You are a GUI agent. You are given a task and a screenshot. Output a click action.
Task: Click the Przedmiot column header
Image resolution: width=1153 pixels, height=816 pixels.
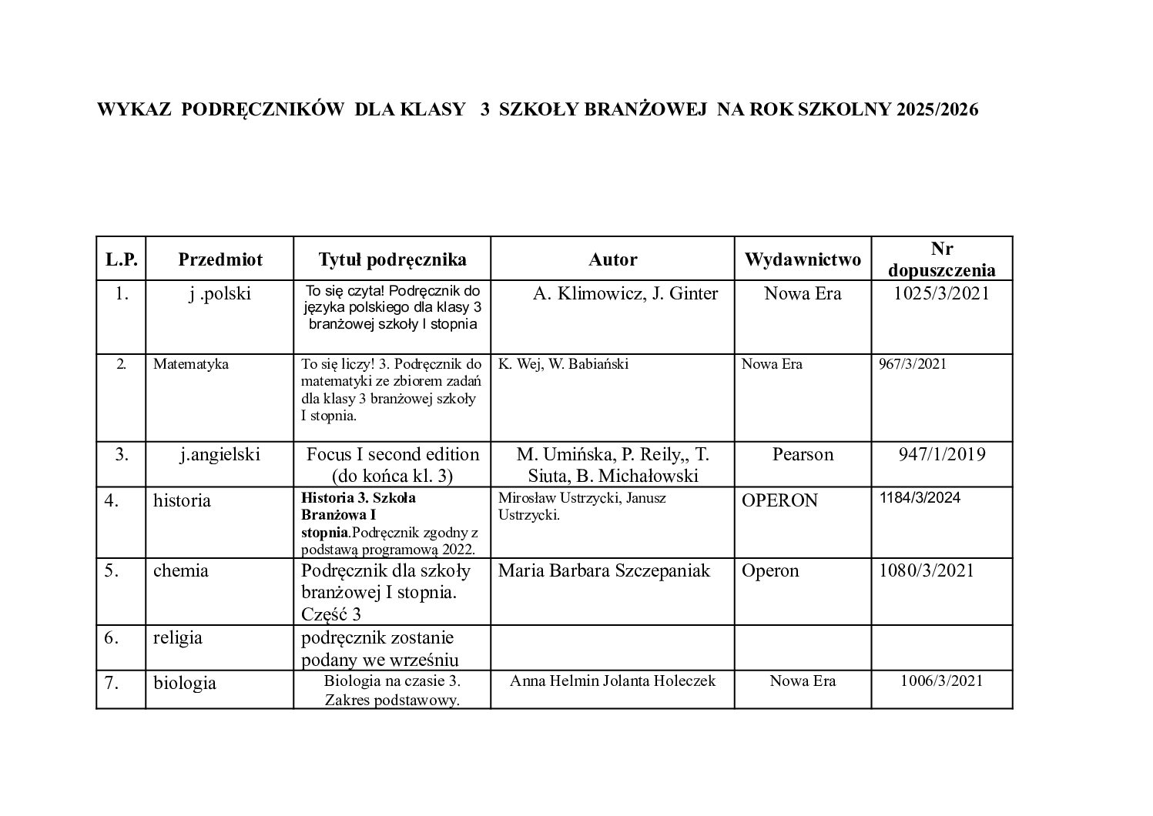click(x=220, y=259)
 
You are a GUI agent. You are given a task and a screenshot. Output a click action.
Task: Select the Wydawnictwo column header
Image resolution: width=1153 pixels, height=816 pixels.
click(x=802, y=259)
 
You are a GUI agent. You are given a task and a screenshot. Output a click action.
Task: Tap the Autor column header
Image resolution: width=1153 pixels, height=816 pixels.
click(x=612, y=259)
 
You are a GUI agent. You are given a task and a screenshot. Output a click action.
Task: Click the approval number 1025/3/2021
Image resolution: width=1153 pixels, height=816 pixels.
click(x=941, y=293)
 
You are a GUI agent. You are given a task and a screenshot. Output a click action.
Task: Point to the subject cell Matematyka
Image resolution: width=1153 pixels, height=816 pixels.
click(x=191, y=364)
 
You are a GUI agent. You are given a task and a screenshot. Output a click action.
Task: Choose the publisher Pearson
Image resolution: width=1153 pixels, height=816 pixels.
click(x=803, y=454)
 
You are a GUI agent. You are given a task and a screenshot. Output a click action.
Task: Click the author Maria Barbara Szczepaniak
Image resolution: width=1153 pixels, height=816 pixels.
click(x=604, y=570)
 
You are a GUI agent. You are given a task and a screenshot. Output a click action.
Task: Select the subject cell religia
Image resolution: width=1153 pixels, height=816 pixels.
click(x=178, y=637)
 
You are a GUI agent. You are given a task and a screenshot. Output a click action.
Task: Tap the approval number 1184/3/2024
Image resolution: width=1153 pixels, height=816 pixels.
click(x=920, y=497)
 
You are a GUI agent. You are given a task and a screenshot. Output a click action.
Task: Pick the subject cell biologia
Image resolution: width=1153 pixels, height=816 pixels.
click(x=185, y=683)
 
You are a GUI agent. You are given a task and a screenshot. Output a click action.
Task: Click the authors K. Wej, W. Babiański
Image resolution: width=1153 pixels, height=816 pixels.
click(x=563, y=364)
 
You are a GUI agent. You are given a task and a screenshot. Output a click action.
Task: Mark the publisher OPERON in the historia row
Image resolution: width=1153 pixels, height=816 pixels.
click(x=779, y=500)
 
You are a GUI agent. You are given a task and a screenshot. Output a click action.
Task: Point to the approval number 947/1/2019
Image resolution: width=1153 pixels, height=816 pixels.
click(x=941, y=454)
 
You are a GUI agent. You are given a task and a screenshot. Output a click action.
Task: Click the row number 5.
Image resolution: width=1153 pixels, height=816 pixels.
click(x=112, y=570)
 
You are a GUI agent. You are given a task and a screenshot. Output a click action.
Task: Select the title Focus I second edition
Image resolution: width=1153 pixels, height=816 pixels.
click(x=393, y=454)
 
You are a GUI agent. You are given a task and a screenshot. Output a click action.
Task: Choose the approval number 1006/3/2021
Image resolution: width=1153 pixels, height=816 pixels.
click(x=941, y=681)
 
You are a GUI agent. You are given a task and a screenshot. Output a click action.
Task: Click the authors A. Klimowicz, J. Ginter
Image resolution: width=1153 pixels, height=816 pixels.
click(x=625, y=293)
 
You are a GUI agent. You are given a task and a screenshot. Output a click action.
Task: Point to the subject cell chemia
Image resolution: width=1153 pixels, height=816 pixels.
click(x=181, y=570)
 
